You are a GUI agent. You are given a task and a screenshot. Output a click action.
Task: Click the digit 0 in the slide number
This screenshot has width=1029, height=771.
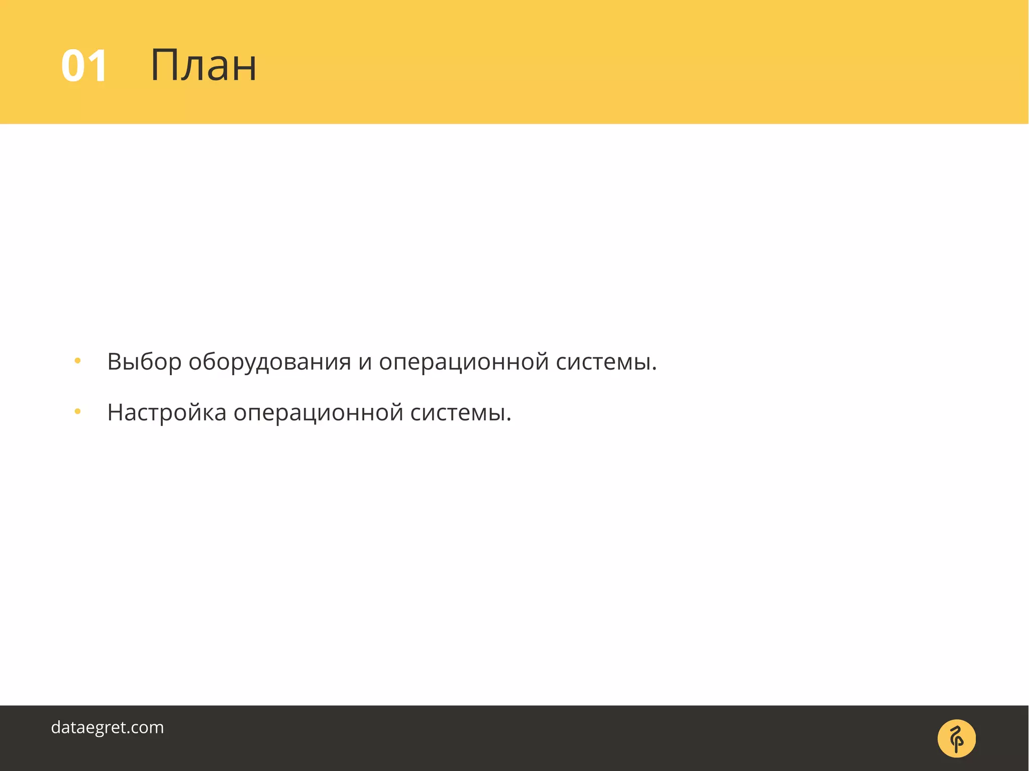(x=73, y=66)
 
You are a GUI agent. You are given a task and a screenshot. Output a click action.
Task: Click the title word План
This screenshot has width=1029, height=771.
(x=203, y=65)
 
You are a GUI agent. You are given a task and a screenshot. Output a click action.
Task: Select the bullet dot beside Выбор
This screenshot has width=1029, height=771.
(x=77, y=361)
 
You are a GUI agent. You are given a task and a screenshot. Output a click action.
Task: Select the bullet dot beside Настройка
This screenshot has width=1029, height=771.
(x=77, y=412)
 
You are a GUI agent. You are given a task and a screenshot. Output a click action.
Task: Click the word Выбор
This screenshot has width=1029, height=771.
(x=144, y=362)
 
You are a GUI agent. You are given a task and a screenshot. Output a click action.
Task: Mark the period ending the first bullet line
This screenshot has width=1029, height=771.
(x=654, y=370)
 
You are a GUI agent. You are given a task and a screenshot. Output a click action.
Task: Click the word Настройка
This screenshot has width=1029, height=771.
(x=167, y=413)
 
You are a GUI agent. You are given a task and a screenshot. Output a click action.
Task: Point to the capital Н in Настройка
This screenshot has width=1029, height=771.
(x=116, y=412)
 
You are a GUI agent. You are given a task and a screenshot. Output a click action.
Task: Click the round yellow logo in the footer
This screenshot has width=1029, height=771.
(x=957, y=738)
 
